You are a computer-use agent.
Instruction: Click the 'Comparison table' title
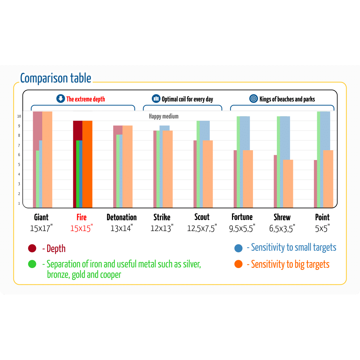(56, 79)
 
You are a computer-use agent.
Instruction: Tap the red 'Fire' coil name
(81, 217)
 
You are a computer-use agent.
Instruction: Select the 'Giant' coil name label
(41, 217)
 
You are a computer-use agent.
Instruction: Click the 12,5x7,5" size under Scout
(202, 228)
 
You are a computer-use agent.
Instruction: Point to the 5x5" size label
(322, 228)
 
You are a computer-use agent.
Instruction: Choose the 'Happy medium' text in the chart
(164, 116)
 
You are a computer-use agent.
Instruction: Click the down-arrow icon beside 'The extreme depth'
(61, 99)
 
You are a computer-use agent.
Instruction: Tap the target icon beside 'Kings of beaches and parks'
(254, 99)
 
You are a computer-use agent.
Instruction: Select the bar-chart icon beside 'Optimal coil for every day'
(156, 99)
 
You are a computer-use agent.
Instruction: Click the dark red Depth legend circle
(32, 248)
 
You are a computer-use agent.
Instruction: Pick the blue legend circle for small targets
(239, 248)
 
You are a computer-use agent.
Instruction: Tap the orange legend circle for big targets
(239, 264)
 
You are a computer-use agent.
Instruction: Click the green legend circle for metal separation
(32, 264)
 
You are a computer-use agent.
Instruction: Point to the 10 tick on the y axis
(19, 116)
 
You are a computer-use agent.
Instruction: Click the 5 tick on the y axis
(19, 165)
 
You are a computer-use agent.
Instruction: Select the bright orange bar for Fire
(87, 164)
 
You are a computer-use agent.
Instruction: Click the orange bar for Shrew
(288, 183)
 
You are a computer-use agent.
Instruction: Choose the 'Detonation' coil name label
(122, 217)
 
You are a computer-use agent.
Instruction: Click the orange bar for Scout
(208, 173)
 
